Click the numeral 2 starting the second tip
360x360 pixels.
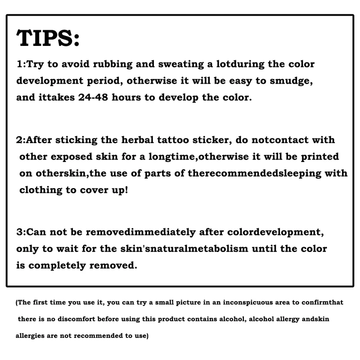coord(19,140)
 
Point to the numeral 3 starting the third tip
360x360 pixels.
coord(19,233)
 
